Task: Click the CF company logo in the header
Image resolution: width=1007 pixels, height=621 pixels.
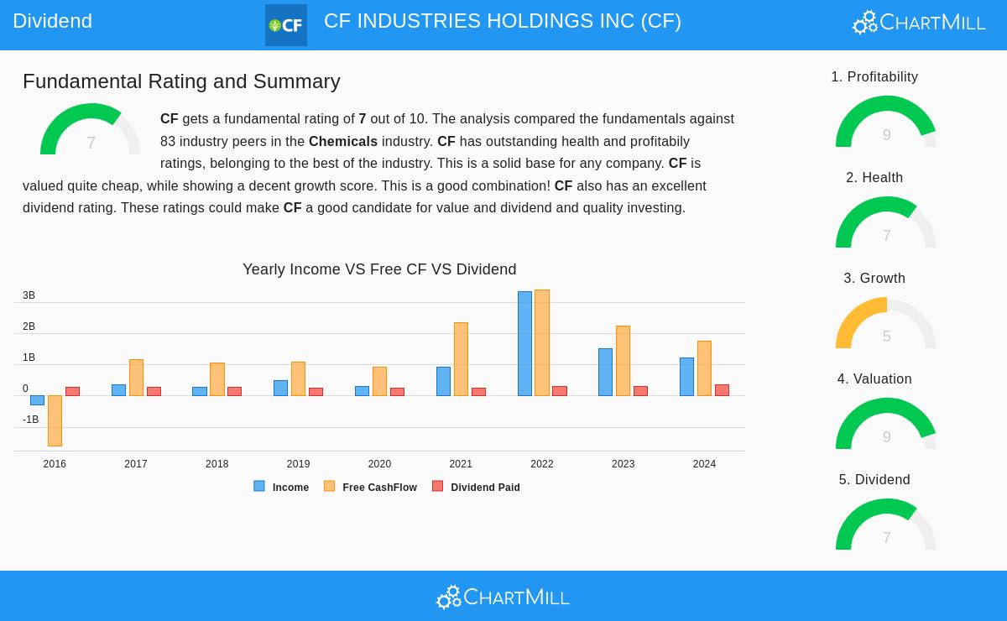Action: point(285,25)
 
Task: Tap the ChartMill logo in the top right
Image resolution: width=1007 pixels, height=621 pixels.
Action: point(919,22)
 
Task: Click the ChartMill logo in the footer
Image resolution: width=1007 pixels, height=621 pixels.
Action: point(503,597)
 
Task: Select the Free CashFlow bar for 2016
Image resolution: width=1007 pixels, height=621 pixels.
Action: point(55,420)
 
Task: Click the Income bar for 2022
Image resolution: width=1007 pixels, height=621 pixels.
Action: point(524,343)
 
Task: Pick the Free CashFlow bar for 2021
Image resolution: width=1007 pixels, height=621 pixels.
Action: point(461,359)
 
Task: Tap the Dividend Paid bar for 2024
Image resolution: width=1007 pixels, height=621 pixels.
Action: point(722,390)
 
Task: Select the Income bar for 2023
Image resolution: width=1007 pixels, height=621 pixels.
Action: point(605,372)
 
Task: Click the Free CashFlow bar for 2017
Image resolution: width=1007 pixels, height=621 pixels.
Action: point(136,378)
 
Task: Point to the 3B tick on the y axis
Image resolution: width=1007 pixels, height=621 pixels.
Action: point(29,295)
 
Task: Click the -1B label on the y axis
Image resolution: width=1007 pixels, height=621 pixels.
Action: point(30,420)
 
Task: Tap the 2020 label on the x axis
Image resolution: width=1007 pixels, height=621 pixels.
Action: point(379,464)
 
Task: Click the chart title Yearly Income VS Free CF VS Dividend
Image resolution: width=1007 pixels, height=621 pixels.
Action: point(379,269)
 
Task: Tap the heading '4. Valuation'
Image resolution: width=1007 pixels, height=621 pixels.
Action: point(874,379)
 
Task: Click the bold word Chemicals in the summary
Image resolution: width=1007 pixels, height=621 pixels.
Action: point(342,142)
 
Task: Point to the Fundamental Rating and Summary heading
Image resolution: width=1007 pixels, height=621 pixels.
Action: point(181,81)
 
